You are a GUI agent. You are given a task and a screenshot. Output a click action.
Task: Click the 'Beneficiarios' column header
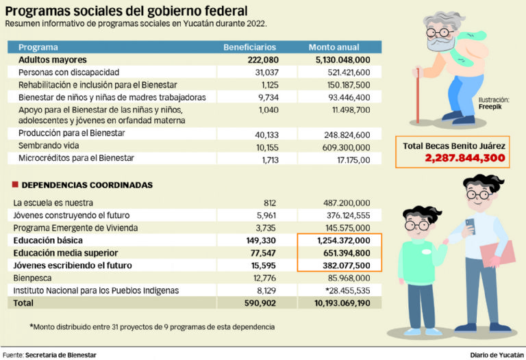pyautogui.click(x=250, y=47)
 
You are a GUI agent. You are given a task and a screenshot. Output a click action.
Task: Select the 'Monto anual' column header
pyautogui.click(x=334, y=47)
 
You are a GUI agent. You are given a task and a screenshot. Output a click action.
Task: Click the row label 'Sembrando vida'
pyautogui.click(x=49, y=146)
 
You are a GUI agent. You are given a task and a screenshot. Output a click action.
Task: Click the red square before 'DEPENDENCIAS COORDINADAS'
pyautogui.click(x=14, y=185)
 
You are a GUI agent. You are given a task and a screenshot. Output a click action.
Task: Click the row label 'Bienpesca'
pyautogui.click(x=33, y=277)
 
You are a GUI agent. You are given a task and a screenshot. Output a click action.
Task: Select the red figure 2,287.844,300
pyautogui.click(x=465, y=158)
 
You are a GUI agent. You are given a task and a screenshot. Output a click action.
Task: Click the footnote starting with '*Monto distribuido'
pyautogui.click(x=152, y=326)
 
